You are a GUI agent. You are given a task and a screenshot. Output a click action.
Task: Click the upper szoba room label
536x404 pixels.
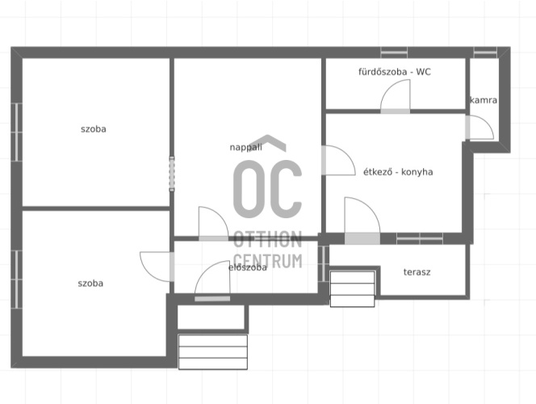coord(94,129)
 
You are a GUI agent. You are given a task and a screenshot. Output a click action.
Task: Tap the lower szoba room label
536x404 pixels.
coord(90,284)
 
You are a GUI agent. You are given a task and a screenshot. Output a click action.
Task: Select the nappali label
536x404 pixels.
coord(245,147)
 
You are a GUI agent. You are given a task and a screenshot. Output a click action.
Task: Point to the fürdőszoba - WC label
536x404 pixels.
coord(395,72)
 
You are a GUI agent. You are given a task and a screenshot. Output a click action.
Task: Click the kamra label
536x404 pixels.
coord(484,100)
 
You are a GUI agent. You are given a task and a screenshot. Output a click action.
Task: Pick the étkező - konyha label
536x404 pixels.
coord(398,172)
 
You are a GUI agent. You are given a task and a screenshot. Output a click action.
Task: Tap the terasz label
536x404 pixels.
coord(417,272)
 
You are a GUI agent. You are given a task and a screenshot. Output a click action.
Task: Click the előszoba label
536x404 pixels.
coord(248,267)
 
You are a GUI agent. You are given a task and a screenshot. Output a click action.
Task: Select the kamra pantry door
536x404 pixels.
coord(479,128)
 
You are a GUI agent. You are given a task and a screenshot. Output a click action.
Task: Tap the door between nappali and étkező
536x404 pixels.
coord(338,161)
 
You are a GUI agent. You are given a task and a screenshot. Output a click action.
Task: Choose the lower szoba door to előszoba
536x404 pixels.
coord(157,267)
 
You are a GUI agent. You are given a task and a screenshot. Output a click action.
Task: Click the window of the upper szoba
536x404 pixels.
coord(16,132)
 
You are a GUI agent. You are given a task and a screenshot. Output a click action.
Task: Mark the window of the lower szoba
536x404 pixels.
coord(16,280)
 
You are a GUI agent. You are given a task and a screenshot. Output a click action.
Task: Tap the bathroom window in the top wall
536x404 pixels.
coord(394,53)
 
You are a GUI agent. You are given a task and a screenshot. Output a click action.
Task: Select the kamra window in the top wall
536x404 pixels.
coord(485,53)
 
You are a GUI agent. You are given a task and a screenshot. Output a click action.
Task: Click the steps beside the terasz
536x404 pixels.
coord(353,289)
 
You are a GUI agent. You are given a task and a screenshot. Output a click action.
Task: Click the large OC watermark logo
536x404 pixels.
coord(268,188)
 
